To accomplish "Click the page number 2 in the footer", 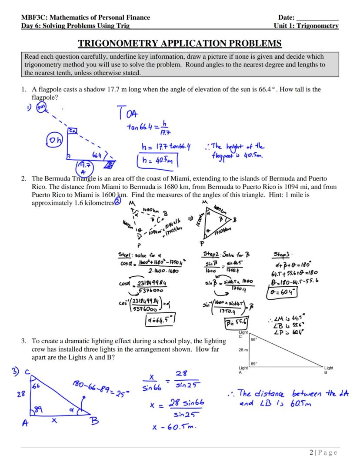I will click(x=312, y=453).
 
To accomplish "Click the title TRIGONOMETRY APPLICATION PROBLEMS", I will click(x=180, y=44).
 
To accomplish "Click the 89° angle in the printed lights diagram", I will click(x=253, y=363).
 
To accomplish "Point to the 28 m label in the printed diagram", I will click(x=243, y=350).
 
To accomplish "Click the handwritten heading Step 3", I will click(x=284, y=254).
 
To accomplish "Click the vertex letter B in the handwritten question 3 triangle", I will click(x=93, y=420).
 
